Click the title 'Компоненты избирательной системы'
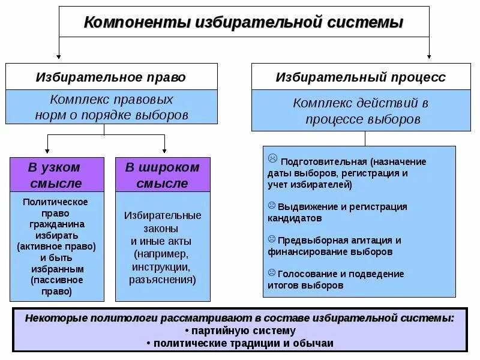pos(243,23)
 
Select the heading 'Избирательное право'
pos(111,77)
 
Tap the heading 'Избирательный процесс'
pos(361,77)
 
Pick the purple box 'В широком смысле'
pos(163,175)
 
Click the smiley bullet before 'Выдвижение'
pos(272,205)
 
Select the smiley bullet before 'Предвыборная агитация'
pos(272,239)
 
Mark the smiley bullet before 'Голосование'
pos(272,272)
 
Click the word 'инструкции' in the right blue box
pos(162,266)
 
